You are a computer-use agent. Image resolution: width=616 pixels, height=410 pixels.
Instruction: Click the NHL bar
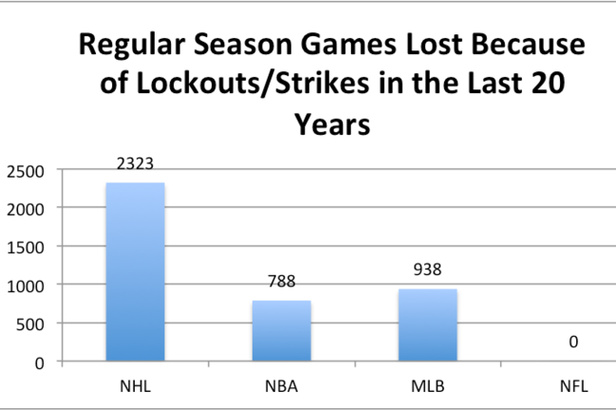click(135, 271)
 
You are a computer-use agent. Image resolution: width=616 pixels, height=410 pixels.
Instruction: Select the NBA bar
click(282, 330)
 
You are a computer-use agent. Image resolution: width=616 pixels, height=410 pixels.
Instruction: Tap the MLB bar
click(428, 325)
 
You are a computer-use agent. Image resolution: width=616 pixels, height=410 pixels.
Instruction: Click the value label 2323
click(135, 163)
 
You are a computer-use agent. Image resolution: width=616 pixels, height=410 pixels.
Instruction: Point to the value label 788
click(282, 281)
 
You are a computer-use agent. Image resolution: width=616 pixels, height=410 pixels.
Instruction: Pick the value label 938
click(427, 270)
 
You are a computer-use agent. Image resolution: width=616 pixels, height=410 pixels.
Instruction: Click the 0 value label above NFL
click(573, 342)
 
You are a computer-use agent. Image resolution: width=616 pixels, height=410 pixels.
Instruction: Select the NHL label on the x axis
click(135, 386)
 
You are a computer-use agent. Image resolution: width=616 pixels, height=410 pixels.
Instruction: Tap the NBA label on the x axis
click(281, 386)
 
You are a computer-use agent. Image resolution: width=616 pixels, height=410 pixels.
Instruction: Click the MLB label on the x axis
click(428, 386)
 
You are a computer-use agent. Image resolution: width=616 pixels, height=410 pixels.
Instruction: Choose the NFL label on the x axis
click(574, 386)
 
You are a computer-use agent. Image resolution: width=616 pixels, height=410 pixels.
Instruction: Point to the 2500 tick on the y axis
click(26, 172)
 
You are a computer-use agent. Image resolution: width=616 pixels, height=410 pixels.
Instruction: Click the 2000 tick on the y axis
click(26, 210)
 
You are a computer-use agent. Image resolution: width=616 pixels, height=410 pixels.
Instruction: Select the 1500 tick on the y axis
click(26, 248)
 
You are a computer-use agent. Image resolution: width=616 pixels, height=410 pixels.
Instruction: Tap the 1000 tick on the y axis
click(26, 287)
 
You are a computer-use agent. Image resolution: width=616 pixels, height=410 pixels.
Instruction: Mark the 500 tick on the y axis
click(29, 325)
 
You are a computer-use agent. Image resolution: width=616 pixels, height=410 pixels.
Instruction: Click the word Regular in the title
click(132, 46)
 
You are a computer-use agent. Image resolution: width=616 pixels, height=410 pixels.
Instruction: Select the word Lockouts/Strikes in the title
click(253, 84)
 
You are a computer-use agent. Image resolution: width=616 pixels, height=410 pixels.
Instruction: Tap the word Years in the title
click(332, 125)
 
